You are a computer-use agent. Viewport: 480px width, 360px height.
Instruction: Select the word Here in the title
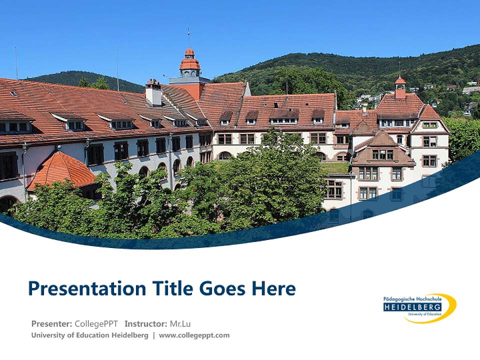(x=273, y=288)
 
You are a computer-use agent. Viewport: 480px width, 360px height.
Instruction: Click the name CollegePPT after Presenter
(x=96, y=323)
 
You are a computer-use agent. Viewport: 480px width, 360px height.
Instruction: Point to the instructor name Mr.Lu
(x=181, y=323)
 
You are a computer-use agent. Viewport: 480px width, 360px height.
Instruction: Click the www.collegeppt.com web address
(x=194, y=335)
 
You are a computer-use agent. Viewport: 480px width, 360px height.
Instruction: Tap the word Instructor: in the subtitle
(x=145, y=323)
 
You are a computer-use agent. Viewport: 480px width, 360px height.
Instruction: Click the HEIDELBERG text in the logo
(x=412, y=307)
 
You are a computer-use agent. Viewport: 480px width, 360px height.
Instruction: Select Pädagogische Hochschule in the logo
(x=412, y=299)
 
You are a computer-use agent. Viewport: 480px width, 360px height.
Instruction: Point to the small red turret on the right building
(x=400, y=87)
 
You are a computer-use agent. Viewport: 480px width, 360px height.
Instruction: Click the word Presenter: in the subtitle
(x=51, y=323)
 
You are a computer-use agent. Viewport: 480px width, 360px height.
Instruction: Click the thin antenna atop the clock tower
(x=188, y=37)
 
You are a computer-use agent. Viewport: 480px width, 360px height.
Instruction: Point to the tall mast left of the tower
(x=117, y=65)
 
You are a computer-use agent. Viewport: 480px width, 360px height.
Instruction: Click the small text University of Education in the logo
(x=423, y=314)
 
